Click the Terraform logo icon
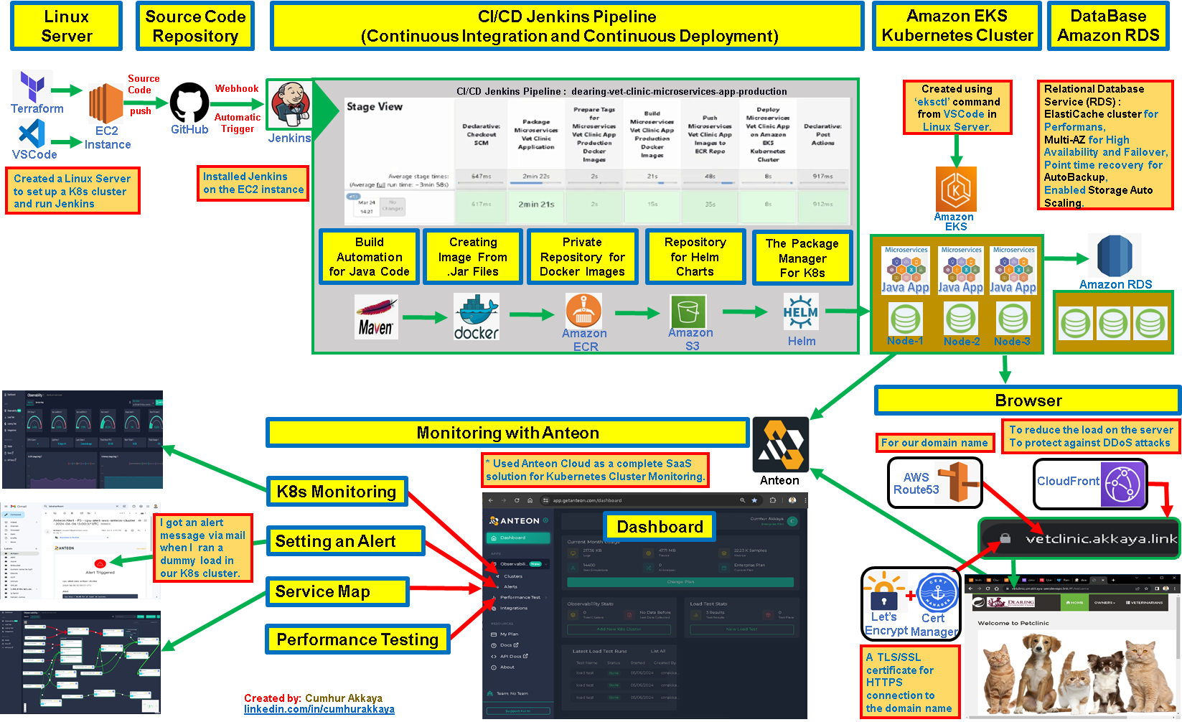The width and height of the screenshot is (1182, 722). (32, 87)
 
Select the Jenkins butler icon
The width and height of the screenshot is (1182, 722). (290, 105)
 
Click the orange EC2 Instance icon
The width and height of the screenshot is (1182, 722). (106, 103)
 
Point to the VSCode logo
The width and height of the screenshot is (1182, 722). (32, 134)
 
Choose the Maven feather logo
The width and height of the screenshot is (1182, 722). (376, 317)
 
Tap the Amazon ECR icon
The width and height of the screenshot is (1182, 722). (584, 310)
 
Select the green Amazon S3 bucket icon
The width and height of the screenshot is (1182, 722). (688, 312)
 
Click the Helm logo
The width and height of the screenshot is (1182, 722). (800, 312)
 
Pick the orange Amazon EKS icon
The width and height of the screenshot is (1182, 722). (956, 189)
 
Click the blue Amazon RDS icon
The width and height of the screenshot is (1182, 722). (1115, 255)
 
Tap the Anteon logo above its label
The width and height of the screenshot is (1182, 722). (780, 445)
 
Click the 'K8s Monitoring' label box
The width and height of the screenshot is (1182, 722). (337, 492)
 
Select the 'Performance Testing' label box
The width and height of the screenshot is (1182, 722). (357, 639)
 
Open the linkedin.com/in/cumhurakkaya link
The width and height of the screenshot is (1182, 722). (319, 709)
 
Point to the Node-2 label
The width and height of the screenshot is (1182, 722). (962, 342)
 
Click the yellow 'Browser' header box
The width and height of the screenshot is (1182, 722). (1028, 400)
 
